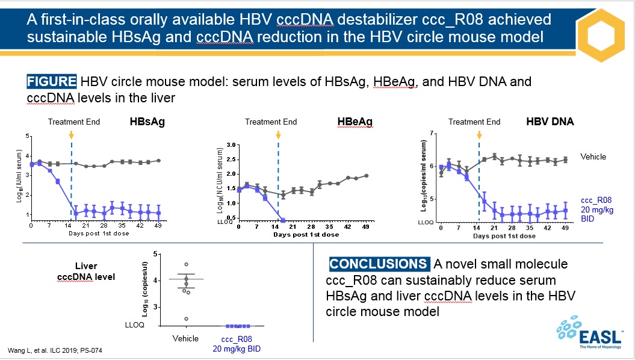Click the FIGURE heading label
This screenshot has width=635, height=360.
pos(51,81)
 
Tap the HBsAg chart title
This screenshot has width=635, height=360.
pos(147,122)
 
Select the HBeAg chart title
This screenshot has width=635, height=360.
pos(355,122)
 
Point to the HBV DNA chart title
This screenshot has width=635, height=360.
pos(550,122)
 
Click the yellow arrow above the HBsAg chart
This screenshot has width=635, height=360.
pos(71,135)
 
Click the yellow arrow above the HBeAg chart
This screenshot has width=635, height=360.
pos(277,135)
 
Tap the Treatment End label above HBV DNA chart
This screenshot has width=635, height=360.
pos(474,122)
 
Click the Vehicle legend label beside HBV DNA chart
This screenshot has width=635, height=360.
pos(593,157)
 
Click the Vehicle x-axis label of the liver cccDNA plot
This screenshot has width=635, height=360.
pos(185,339)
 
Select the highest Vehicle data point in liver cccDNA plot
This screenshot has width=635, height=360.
pos(186,264)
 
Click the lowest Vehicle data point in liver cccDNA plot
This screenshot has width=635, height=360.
pos(186,318)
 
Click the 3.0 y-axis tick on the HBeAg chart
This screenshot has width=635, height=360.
pos(229,146)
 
